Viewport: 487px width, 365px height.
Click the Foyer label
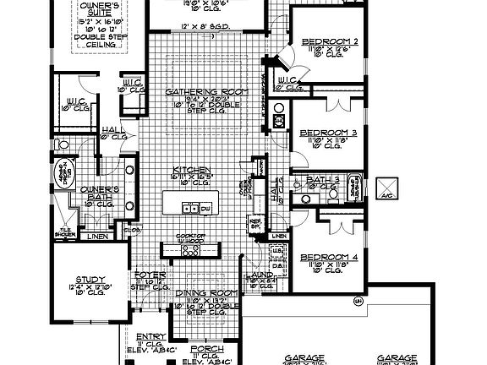point(145,275)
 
